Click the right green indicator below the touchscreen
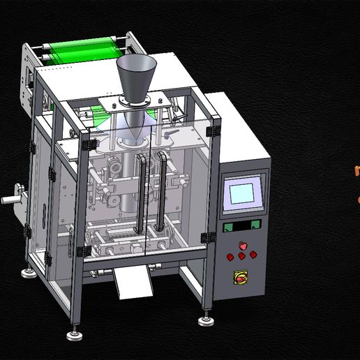click(255, 224)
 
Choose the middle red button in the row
click(241, 255)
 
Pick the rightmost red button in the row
click(253, 253)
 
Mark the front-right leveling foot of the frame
click(206, 320)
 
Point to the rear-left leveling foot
click(29, 271)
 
